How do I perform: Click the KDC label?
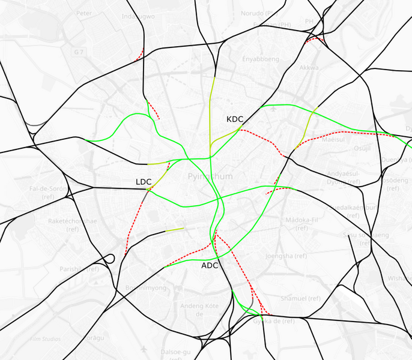235,119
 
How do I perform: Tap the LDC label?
144,181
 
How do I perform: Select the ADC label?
210,265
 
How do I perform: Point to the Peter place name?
85,13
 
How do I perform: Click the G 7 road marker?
79,52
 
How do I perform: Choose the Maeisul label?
333,139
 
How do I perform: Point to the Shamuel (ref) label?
301,298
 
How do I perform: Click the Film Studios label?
45,339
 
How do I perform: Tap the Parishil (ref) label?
79,269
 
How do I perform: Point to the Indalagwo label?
138,16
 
